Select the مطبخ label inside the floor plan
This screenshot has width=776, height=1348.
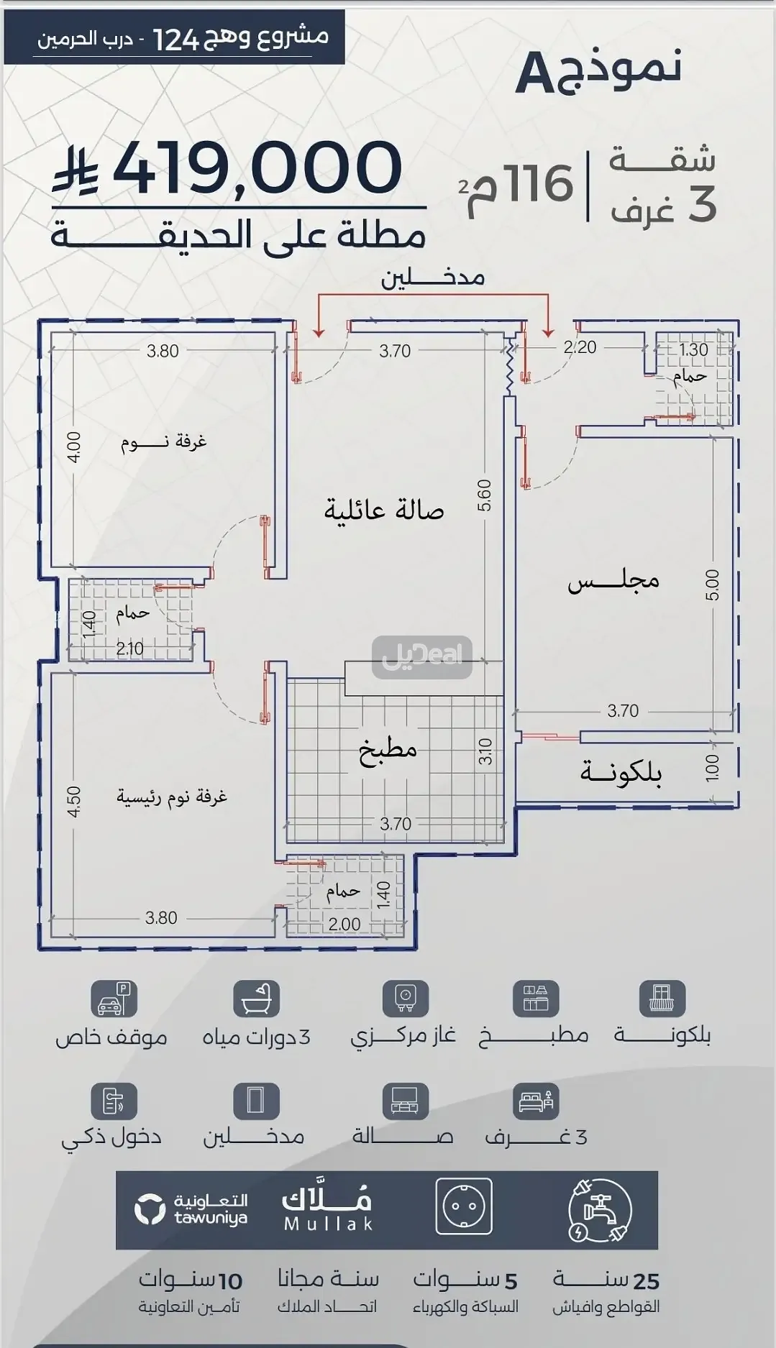click(x=388, y=749)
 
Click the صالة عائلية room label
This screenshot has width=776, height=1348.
click(x=383, y=510)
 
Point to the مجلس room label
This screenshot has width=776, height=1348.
click(x=613, y=579)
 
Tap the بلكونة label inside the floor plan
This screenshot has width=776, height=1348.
click(x=621, y=772)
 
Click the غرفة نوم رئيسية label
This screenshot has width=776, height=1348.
click(x=172, y=797)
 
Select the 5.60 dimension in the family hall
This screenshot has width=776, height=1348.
click(x=484, y=495)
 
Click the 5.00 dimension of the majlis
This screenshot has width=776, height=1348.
click(x=711, y=585)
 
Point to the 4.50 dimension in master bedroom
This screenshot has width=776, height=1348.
click(x=74, y=802)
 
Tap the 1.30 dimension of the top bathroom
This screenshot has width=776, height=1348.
click(x=693, y=350)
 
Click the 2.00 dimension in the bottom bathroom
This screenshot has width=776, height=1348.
click(x=344, y=924)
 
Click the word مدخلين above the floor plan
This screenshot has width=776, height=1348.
click(x=432, y=277)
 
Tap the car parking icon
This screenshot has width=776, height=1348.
click(x=114, y=999)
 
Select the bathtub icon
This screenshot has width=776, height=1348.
click(x=257, y=999)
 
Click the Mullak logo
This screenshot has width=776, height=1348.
click(x=327, y=1210)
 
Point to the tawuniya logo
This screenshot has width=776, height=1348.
click(x=191, y=1209)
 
